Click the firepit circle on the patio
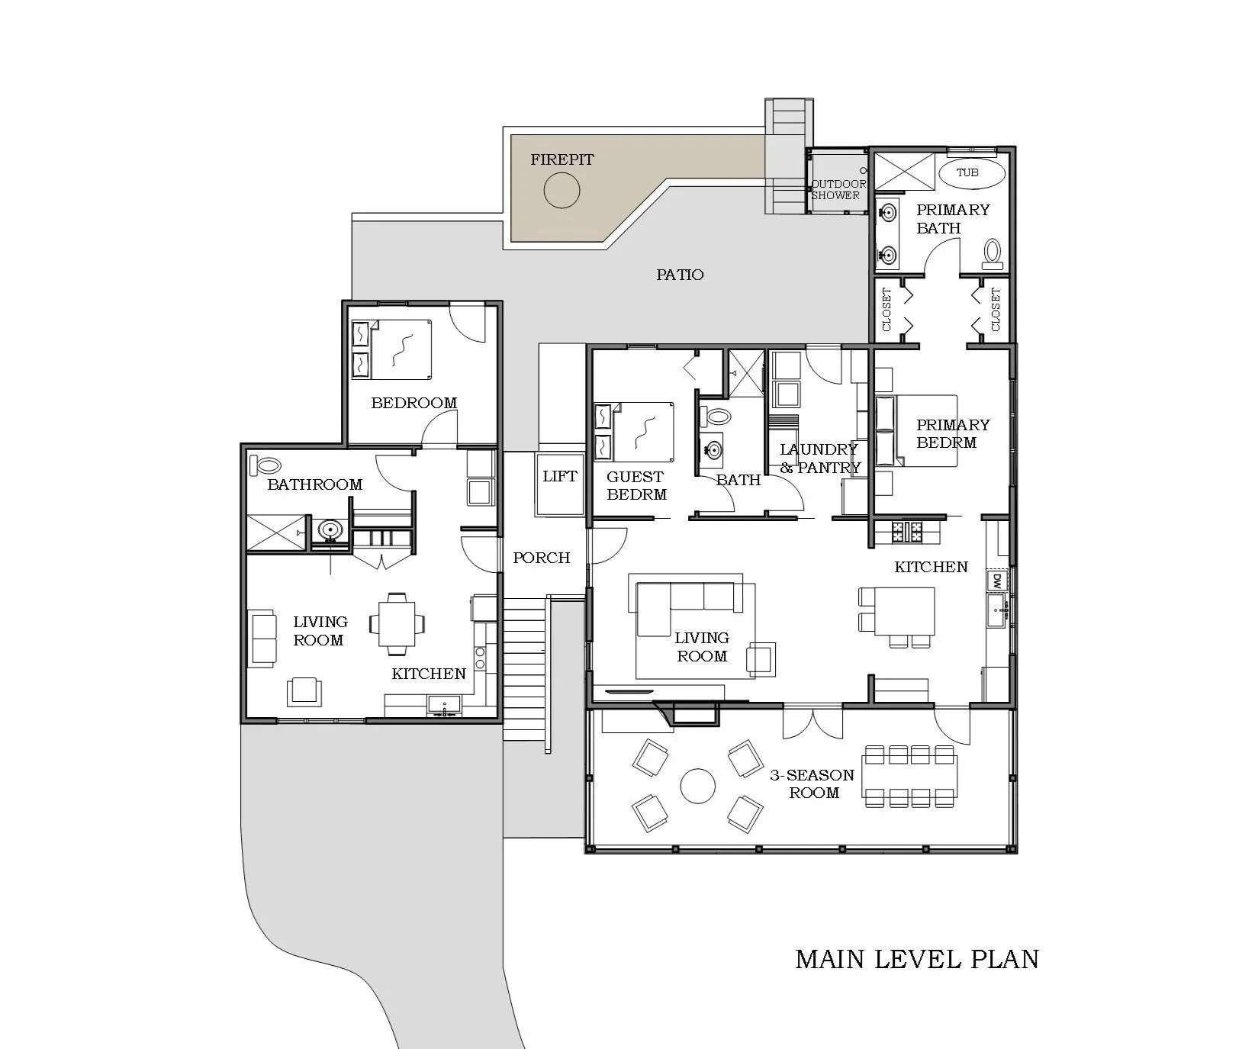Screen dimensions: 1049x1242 coord(562,188)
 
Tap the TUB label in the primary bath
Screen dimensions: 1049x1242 coord(967,172)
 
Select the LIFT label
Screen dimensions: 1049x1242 coord(559,476)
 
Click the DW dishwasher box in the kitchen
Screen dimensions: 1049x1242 coord(997,581)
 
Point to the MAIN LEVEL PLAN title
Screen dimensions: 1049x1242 coord(917,959)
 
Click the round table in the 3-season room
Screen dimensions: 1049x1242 coord(698,786)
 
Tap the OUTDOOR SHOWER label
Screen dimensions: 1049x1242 coord(838,189)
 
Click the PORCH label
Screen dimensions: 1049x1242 coord(541,558)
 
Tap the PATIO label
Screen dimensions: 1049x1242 coord(680,275)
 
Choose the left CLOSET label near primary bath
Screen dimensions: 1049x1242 coord(886,309)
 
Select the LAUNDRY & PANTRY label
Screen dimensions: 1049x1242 coord(819,459)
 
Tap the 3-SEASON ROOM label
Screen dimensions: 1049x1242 coord(812,784)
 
